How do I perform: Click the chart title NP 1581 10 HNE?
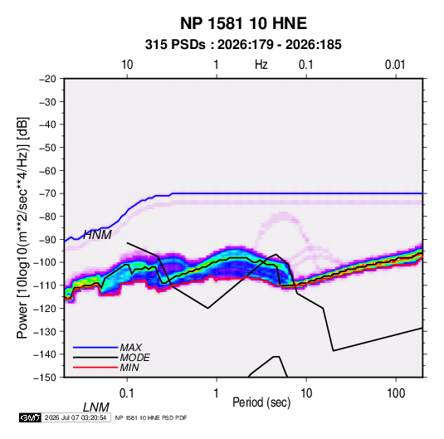243,23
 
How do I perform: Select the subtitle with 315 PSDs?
243,45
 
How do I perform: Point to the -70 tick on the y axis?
47,193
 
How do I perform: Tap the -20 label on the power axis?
47,79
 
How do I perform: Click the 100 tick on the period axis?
396,393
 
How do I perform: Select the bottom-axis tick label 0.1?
127,393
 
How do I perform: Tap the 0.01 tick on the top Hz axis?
395,65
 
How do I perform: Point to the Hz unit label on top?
261,65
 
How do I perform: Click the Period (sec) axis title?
261,402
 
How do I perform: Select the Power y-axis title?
22,227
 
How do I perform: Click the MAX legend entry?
131,347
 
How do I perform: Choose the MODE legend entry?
134,358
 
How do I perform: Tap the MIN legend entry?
129,368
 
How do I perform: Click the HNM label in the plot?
97,235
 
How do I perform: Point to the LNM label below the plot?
96,407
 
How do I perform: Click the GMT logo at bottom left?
30,417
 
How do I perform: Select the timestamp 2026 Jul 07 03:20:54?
76,417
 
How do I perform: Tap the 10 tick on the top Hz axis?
127,65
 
